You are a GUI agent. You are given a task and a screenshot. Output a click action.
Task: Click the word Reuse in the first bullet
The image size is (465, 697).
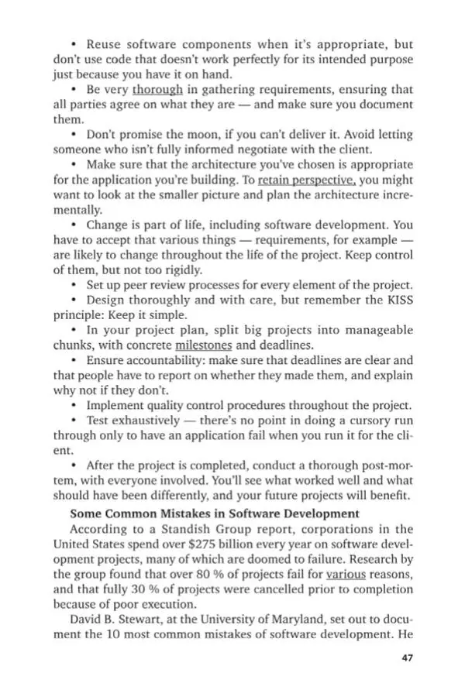(x=103, y=45)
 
